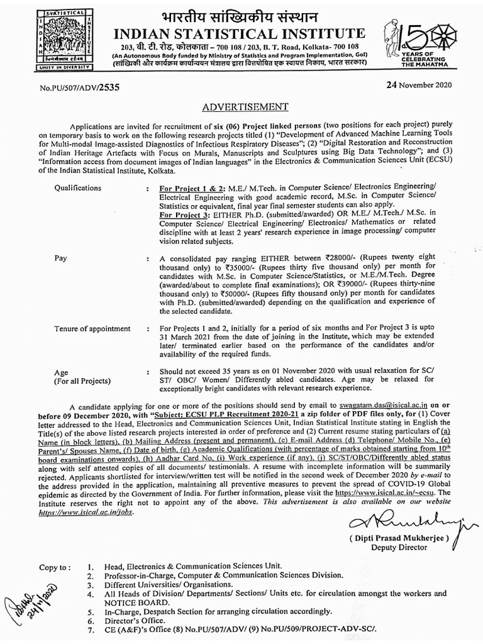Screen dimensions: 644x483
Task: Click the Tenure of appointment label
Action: (92, 328)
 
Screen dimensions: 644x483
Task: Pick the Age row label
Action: (61, 372)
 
